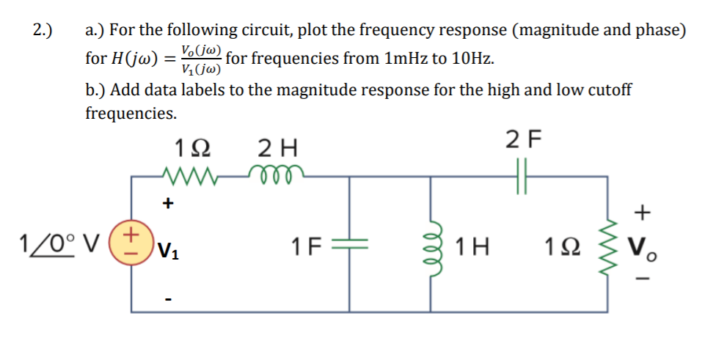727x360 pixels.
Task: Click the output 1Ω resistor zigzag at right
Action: pos(606,244)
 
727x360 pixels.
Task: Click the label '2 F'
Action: pos(522,138)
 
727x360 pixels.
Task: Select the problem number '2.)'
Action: pos(44,30)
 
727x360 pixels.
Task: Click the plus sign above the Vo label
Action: pos(643,213)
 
